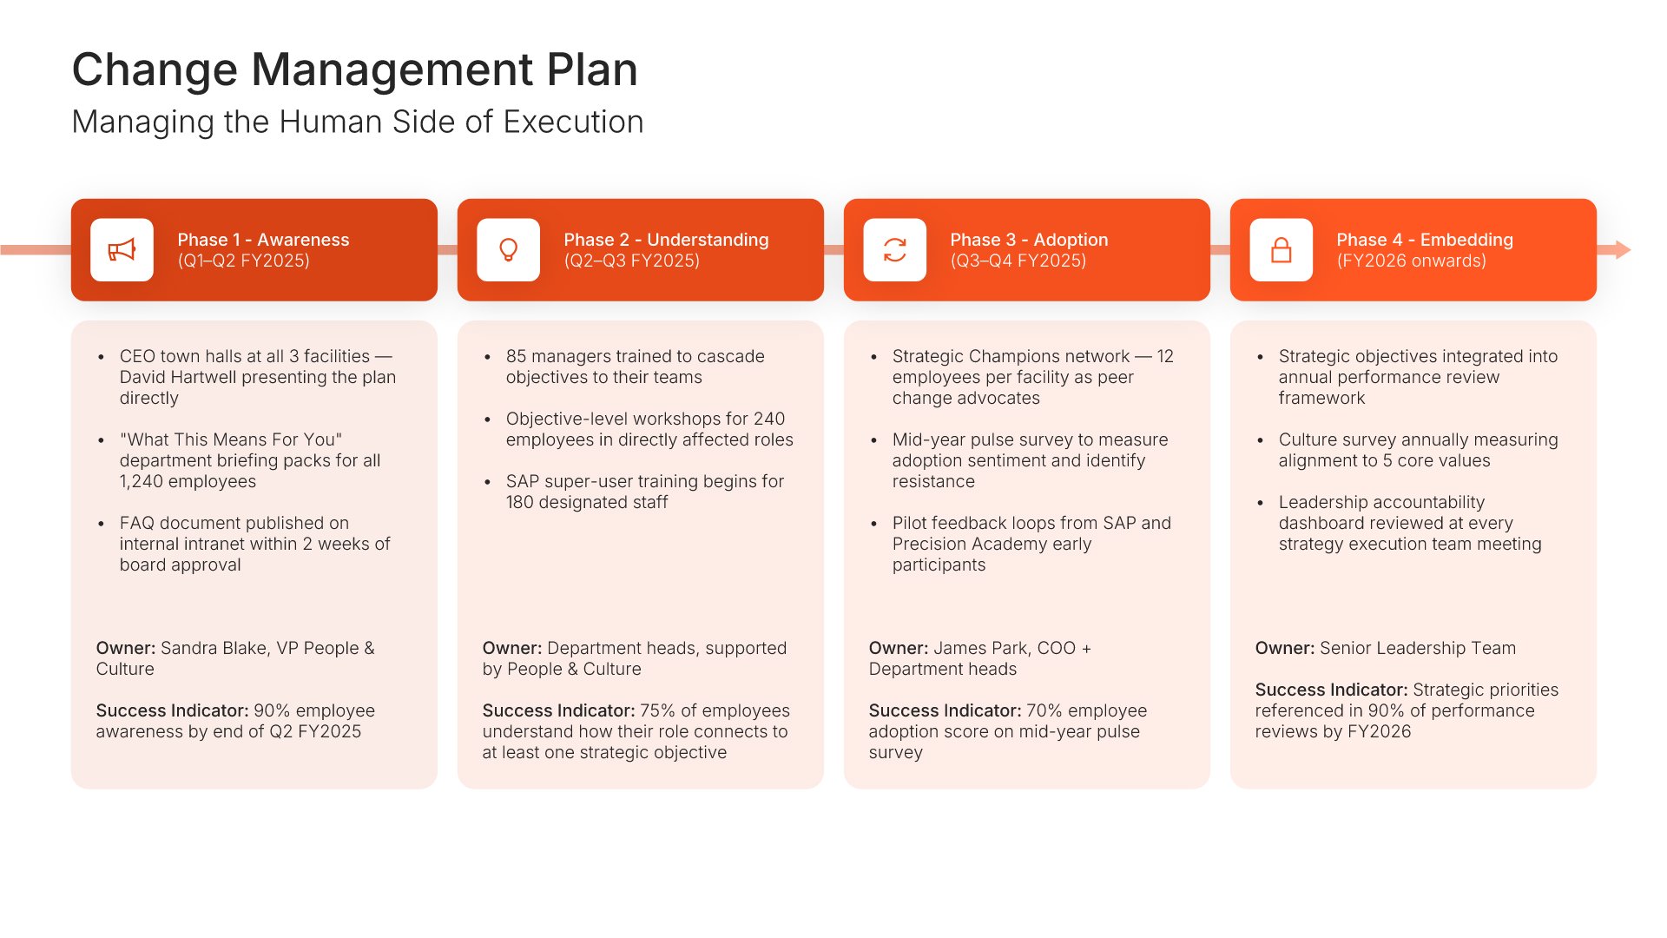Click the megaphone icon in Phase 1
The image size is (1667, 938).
click(x=122, y=250)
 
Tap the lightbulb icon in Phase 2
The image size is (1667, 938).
click(x=509, y=250)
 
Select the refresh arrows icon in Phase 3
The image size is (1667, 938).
click(x=895, y=250)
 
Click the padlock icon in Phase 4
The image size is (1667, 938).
click(x=1282, y=250)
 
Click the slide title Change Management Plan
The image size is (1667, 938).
click(x=354, y=69)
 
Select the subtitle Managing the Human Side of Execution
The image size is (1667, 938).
click(x=358, y=122)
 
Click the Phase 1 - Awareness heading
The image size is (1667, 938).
click(x=263, y=240)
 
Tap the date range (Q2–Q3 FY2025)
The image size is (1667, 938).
click(x=631, y=261)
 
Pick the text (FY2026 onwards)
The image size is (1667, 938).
click(x=1411, y=261)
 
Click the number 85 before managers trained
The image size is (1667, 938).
click(x=516, y=356)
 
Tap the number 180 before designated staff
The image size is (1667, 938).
click(x=519, y=502)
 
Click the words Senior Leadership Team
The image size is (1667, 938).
click(x=1418, y=648)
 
